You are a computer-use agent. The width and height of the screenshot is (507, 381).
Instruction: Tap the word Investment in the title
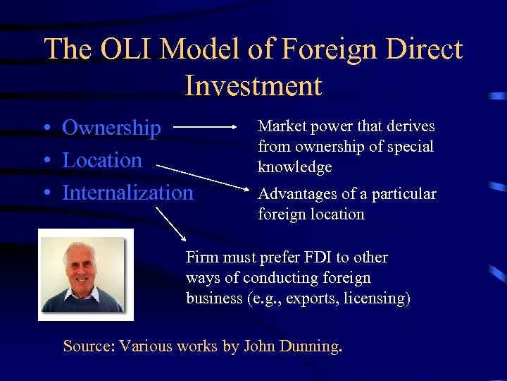(x=254, y=85)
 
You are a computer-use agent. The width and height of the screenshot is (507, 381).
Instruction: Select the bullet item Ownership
(x=111, y=128)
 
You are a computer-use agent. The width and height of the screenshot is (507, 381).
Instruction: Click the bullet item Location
(x=102, y=160)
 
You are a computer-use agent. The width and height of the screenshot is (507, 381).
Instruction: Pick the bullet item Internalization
(x=127, y=192)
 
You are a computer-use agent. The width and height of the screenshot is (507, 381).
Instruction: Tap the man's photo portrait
(x=84, y=274)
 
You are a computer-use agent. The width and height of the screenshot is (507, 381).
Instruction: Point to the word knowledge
(x=294, y=167)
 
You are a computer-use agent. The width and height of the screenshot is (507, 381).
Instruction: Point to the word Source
(x=87, y=346)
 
